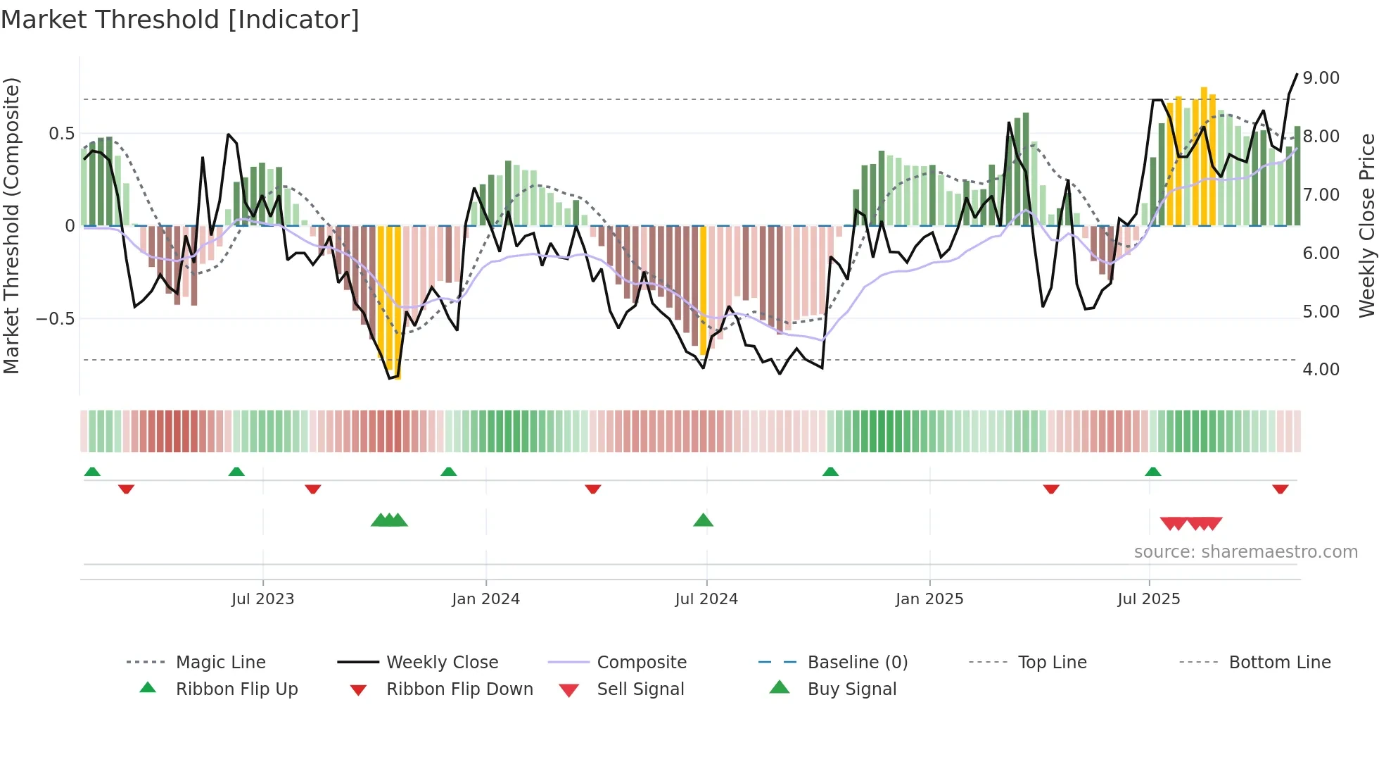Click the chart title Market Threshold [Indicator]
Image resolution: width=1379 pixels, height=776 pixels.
pyautogui.click(x=180, y=20)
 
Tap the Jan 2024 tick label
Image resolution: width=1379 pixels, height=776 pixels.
pyautogui.click(x=485, y=599)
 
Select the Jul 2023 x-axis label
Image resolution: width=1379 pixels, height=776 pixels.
pyautogui.click(x=262, y=599)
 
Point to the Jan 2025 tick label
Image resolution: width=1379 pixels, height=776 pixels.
pyautogui.click(x=929, y=599)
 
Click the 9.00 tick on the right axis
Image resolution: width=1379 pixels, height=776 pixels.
pyautogui.click(x=1321, y=78)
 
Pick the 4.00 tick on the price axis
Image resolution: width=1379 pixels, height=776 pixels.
pyautogui.click(x=1321, y=370)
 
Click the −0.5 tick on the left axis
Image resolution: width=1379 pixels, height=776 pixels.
pyautogui.click(x=55, y=319)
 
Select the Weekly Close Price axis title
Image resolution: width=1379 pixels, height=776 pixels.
pyautogui.click(x=1366, y=225)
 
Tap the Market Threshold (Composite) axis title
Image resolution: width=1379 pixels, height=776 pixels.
pyautogui.click(x=11, y=225)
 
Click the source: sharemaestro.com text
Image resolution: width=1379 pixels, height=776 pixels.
pyautogui.click(x=1245, y=552)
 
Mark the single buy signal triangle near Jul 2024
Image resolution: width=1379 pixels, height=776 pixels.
pyautogui.click(x=703, y=520)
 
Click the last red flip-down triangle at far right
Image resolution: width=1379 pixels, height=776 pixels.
pyautogui.click(x=1280, y=489)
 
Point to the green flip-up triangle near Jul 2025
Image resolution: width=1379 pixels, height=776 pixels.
pyautogui.click(x=1152, y=472)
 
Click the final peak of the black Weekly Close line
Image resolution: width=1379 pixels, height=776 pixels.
pyautogui.click(x=1297, y=74)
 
